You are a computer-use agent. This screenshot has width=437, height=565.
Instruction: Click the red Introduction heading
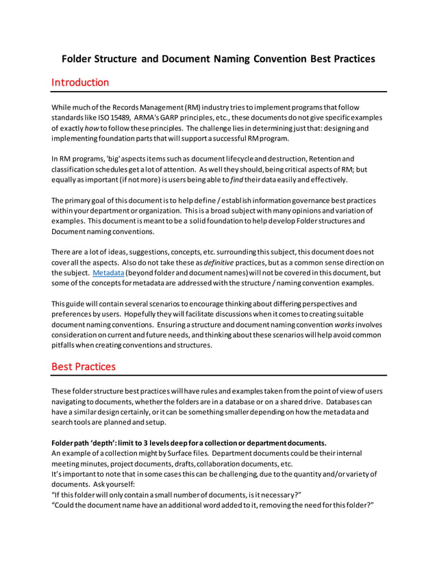tap(80, 83)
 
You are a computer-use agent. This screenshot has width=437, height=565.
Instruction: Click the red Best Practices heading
tap(84, 366)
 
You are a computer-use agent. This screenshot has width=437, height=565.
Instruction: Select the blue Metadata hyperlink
tap(108, 272)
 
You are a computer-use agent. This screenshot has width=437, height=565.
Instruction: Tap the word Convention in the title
tap(279, 59)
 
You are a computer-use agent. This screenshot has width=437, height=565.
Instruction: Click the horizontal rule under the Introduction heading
tap(219, 92)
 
